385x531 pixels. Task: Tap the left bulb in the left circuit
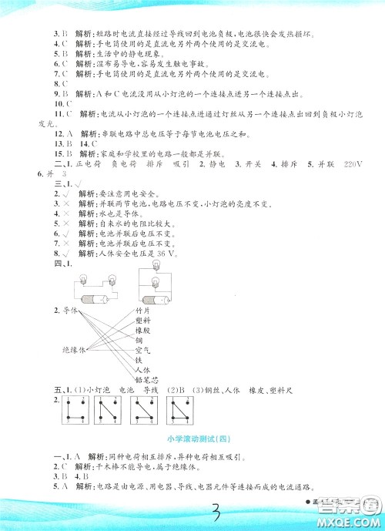pos(79,284)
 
